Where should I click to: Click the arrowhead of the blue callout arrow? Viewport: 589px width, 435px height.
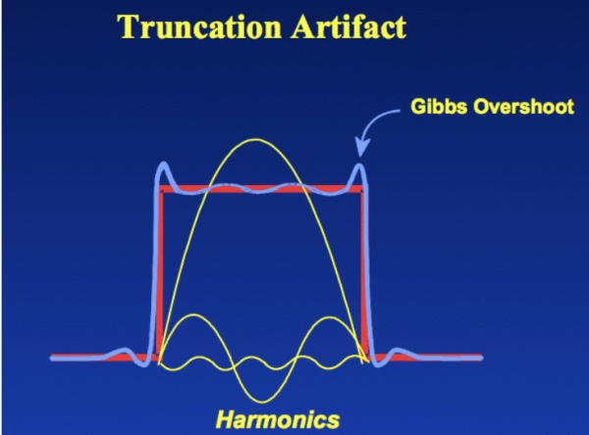pyautogui.click(x=360, y=154)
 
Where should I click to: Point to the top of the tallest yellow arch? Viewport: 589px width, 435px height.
pyautogui.click(x=262, y=139)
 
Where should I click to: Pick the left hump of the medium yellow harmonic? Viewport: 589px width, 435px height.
pyautogui.click(x=194, y=315)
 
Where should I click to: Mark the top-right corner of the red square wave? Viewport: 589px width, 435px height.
pyautogui.click(x=365, y=191)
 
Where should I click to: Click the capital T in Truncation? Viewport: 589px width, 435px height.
pyautogui.click(x=129, y=26)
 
